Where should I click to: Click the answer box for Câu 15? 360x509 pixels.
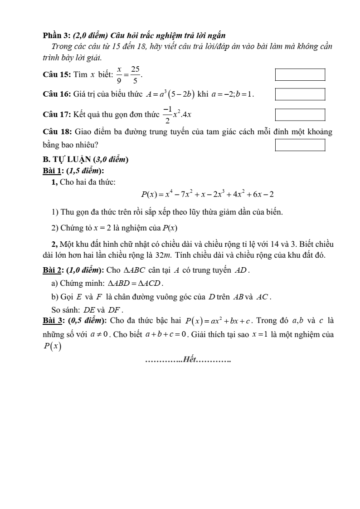coord(300,75)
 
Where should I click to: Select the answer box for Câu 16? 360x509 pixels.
coord(300,94)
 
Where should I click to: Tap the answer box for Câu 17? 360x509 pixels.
coord(300,114)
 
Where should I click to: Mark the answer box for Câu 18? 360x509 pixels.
coord(300,145)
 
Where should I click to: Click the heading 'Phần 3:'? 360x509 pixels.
coord(56,35)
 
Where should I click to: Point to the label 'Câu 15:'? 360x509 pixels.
coord(55,75)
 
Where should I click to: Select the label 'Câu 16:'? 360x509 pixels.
coord(55,94)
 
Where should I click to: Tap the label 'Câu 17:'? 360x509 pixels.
coord(55,114)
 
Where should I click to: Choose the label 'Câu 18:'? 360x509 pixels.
coord(55,132)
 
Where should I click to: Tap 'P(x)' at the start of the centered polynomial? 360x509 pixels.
coord(149,195)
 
